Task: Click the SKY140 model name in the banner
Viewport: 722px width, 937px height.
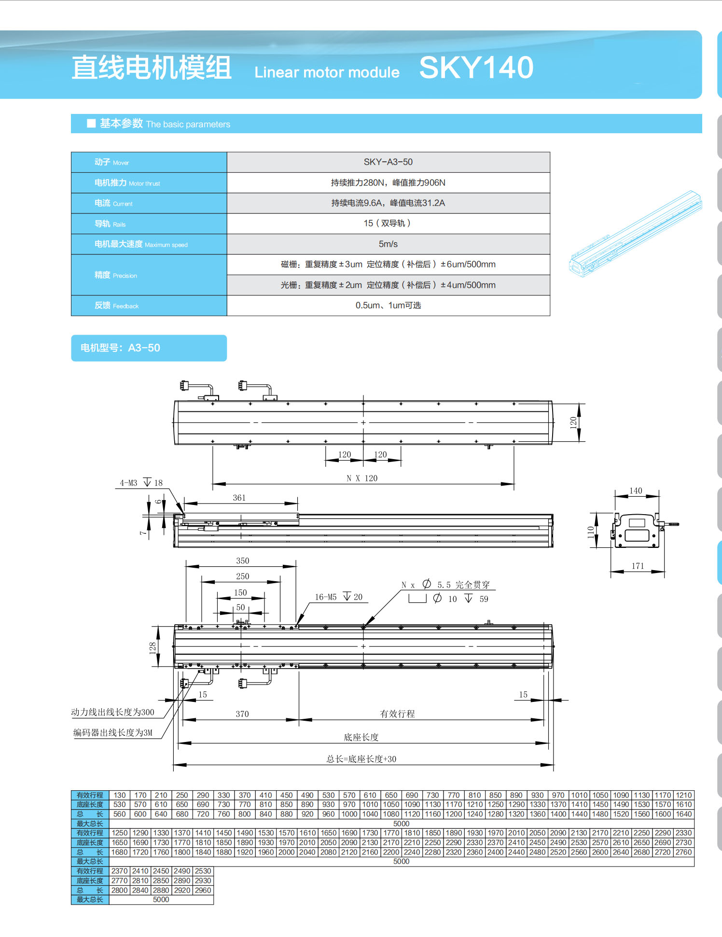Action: (x=476, y=68)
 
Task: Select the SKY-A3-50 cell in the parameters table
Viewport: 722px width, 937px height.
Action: (x=388, y=162)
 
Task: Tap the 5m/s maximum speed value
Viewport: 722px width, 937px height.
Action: (x=388, y=244)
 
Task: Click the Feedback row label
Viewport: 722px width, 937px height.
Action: (x=116, y=306)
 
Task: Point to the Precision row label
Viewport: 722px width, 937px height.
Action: (x=116, y=275)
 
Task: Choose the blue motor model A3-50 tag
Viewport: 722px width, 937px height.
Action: (x=149, y=348)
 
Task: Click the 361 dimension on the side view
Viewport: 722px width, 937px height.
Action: (x=239, y=498)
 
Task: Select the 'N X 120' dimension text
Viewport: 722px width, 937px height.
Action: (x=362, y=478)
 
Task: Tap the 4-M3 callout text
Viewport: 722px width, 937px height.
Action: (x=128, y=483)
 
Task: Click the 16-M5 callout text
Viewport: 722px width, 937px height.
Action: (x=326, y=597)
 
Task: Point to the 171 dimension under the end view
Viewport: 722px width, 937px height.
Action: (x=638, y=566)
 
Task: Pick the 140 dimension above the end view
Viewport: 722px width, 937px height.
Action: (x=636, y=490)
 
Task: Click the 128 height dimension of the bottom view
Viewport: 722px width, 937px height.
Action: (x=153, y=647)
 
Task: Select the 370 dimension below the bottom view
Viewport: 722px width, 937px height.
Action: (x=242, y=714)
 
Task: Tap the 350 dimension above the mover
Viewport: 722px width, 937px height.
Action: (x=242, y=561)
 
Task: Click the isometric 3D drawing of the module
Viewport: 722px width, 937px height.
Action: (x=636, y=235)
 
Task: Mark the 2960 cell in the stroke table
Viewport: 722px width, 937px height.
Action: (x=203, y=890)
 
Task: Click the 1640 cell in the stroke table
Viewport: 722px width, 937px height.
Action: (x=683, y=814)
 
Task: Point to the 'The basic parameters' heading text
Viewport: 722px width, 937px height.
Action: (x=188, y=125)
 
